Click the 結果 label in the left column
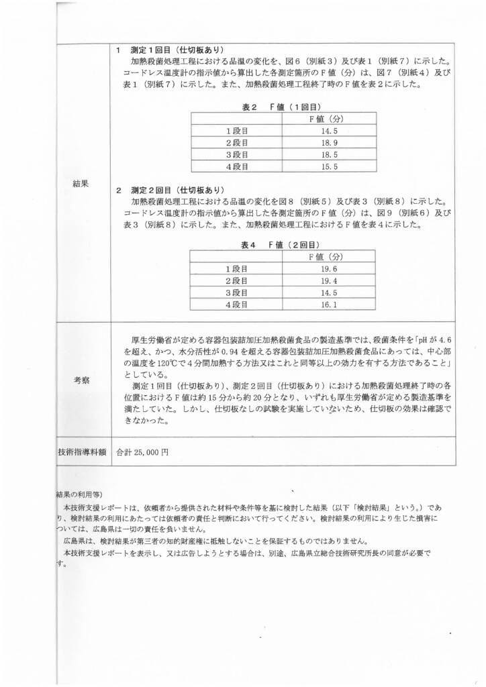pyautogui.click(x=81, y=182)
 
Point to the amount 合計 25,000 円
pyautogui.click(x=138, y=452)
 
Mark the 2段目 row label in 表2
pyautogui.click(x=236, y=143)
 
